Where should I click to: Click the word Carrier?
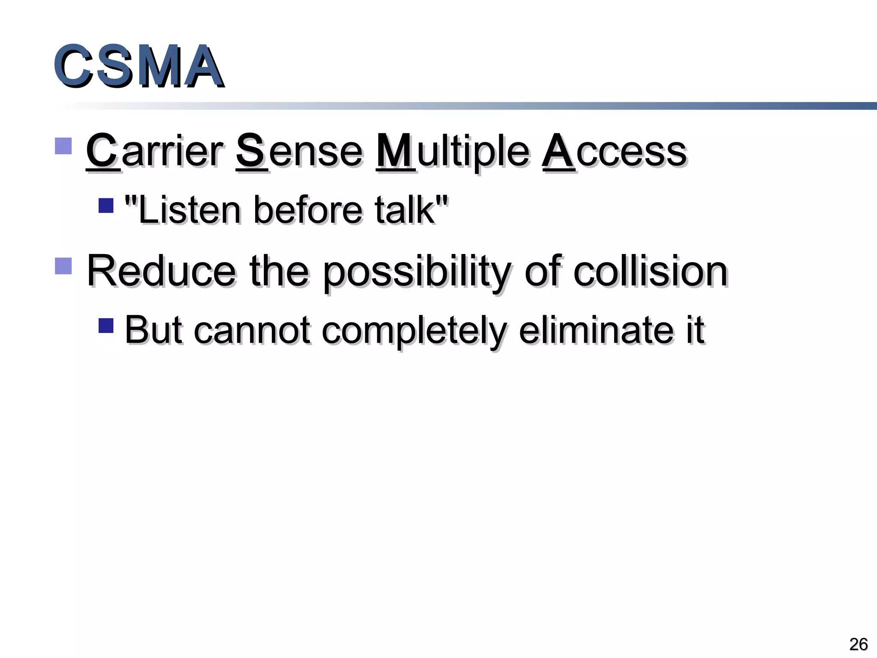coord(154,151)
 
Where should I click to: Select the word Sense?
coord(299,151)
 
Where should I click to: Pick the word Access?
coord(614,151)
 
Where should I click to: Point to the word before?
coord(307,210)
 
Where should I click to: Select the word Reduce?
coord(161,271)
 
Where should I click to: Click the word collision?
coord(650,271)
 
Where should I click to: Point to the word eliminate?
coord(597,330)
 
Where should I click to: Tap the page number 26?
coord(858,644)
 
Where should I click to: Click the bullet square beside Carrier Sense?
coord(63,146)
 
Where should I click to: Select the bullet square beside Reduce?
coord(63,266)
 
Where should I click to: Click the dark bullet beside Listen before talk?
coord(106,205)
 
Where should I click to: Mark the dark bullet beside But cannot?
coord(106,325)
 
